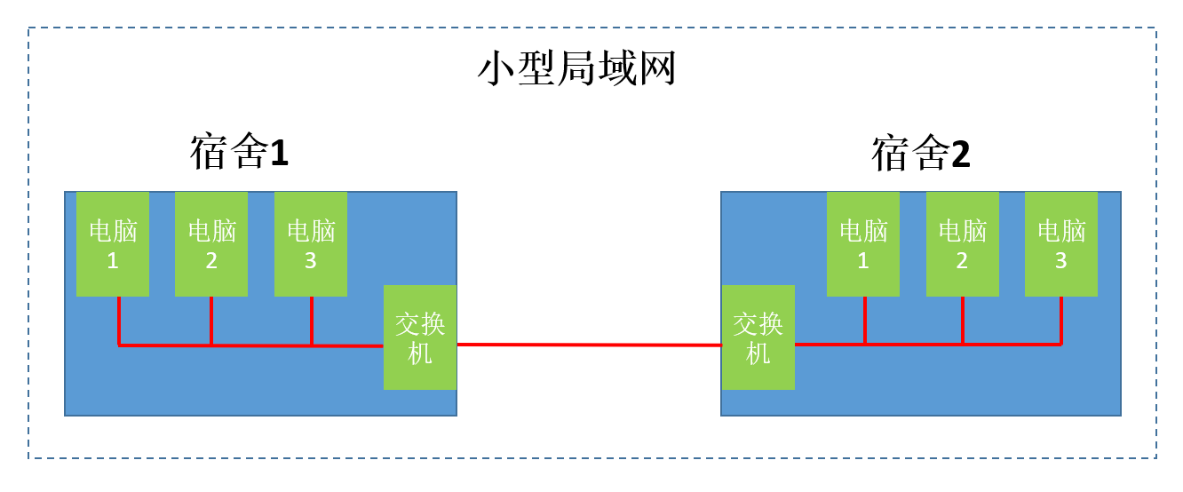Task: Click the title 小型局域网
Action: coord(577,68)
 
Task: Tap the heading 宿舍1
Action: coord(239,153)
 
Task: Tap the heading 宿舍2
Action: coord(920,154)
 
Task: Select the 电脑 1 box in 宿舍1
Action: coord(113,243)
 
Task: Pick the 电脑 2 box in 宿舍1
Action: coord(211,243)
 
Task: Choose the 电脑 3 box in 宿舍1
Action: coord(311,243)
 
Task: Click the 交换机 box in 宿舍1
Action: coord(420,337)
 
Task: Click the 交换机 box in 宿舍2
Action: coord(758,337)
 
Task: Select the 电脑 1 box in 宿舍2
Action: coord(863,243)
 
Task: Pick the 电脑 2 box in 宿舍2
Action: coord(963,243)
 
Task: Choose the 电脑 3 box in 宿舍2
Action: coord(1061,243)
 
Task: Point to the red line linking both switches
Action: coord(589,345)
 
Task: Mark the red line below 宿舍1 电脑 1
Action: coord(118,320)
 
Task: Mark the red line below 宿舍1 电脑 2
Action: coord(211,320)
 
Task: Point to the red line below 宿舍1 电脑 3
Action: coord(312,320)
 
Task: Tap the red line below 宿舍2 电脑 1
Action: coord(864,320)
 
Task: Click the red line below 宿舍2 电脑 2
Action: coord(963,320)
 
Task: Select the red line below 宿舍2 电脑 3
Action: coord(1061,320)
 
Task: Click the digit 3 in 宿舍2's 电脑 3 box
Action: coord(1061,261)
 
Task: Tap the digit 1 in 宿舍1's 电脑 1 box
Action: coord(113,261)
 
